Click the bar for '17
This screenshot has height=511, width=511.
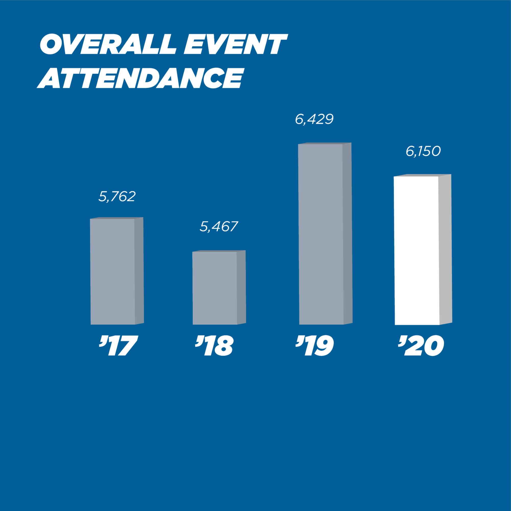coord(113,271)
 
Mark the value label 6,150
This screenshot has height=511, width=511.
coord(423,152)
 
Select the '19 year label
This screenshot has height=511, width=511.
coord(315,346)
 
